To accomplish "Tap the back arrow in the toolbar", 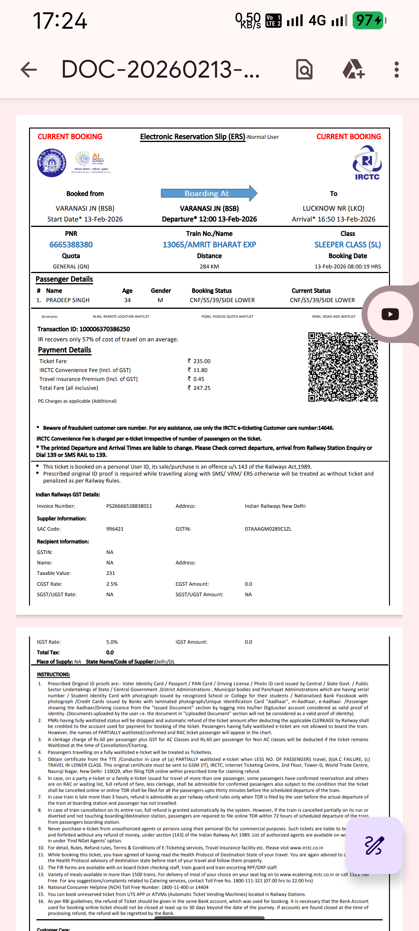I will coord(29,70).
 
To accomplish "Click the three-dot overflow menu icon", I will coord(396,70).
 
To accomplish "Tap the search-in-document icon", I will coord(305,70).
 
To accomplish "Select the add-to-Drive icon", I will coord(353,69).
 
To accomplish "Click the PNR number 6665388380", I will coord(71,245).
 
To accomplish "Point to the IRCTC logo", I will coord(367,163).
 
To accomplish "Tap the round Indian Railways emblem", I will coord(52,163).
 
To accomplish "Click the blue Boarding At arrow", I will coord(209,193).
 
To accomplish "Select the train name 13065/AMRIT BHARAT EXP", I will coord(209,245).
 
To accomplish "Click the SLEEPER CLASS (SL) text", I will coord(347,245).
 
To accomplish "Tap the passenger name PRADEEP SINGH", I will coord(68,300).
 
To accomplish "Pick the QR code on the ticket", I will coord(343,367).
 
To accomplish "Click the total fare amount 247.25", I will coord(201,388).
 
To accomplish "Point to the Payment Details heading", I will coord(64,350).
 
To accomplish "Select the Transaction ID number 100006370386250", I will coord(104,329).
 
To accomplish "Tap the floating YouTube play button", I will coord(390,314).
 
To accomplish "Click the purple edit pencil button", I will coord(374,846).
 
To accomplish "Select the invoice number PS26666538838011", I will coord(129,506).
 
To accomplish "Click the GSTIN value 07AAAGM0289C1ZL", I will coord(268,529).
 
